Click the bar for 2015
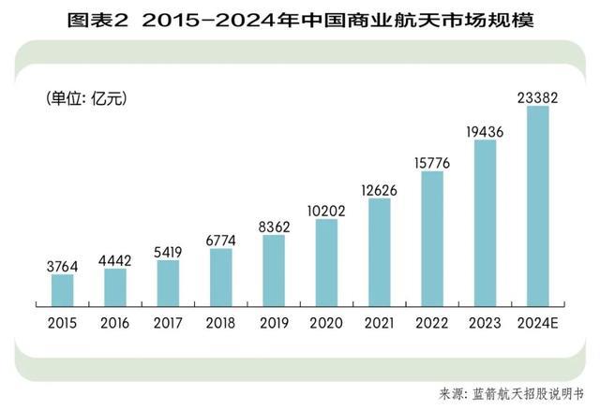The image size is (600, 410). (x=63, y=289)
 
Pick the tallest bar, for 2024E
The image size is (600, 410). (x=537, y=206)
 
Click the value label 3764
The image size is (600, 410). (x=63, y=266)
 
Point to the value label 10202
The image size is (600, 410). (x=326, y=210)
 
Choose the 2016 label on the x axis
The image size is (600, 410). (x=115, y=323)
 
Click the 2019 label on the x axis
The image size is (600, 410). (x=273, y=323)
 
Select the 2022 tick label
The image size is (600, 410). (x=431, y=323)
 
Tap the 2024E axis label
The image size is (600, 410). (x=537, y=323)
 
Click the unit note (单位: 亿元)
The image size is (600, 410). (x=86, y=96)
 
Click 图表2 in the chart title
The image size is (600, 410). (x=96, y=19)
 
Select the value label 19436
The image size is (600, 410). (x=485, y=131)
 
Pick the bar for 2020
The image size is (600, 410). (x=326, y=262)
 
